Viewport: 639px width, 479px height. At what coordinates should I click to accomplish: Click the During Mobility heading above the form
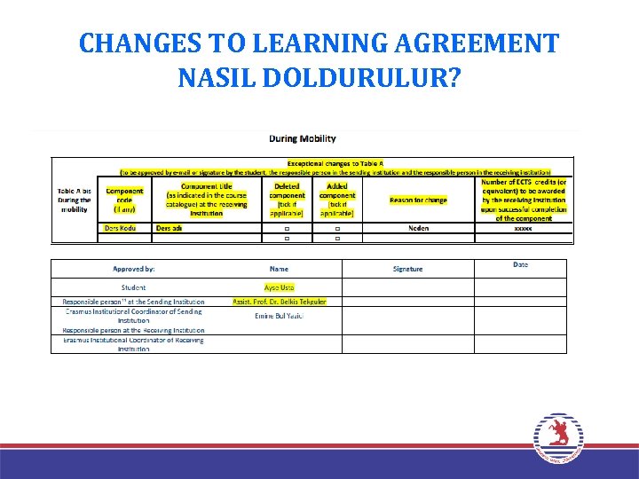303,138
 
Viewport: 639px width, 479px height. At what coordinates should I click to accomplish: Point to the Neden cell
419,228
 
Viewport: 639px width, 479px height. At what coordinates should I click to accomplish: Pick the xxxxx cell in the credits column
524,228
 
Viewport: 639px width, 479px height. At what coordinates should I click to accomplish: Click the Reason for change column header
419,200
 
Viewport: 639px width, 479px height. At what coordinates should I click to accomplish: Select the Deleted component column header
287,200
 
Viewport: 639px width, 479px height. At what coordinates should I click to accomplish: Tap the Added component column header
337,200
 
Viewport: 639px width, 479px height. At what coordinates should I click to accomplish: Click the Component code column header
124,200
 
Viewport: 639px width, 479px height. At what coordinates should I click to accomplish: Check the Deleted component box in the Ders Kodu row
287,229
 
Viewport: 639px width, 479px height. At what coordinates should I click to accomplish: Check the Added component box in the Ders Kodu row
337,229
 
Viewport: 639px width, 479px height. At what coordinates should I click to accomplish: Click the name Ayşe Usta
279,287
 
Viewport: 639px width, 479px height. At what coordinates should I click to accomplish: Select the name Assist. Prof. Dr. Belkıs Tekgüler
279,302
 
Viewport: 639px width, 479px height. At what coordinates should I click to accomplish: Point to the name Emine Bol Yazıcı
279,316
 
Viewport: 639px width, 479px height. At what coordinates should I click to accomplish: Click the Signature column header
408,269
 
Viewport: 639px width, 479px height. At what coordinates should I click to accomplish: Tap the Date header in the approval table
520,265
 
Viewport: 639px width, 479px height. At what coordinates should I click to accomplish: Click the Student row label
133,287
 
